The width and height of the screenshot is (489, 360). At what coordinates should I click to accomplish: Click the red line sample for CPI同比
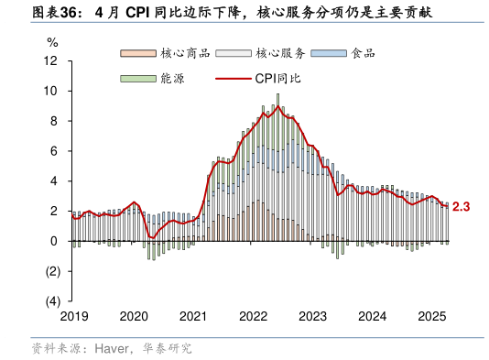click(232, 79)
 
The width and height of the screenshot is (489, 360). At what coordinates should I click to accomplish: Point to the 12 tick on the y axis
click(51, 61)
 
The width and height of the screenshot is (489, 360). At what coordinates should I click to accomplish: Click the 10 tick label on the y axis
click(51, 92)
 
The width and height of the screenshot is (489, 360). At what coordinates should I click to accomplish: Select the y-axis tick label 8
click(55, 121)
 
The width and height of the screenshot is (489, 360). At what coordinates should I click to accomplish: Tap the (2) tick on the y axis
click(51, 271)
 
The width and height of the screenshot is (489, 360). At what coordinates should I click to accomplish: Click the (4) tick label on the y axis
click(51, 301)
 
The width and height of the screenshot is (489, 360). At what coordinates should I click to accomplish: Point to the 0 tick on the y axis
click(55, 241)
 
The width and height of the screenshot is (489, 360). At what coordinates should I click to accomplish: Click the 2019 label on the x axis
click(74, 316)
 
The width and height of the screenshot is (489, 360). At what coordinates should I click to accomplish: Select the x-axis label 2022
click(253, 316)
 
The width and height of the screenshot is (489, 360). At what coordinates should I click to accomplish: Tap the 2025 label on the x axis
click(431, 316)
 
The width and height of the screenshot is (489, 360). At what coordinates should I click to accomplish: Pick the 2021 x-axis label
click(193, 316)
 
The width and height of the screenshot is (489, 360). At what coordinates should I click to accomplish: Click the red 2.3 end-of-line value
click(461, 208)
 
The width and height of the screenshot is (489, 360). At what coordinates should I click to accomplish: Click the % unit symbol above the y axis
click(52, 42)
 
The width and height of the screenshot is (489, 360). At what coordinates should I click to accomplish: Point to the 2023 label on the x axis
click(312, 316)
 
